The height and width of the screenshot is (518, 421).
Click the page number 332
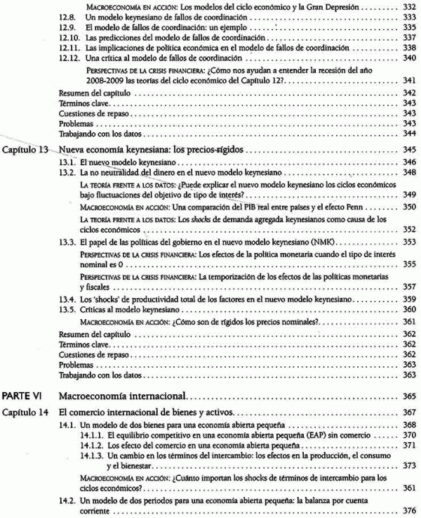pos(409,6)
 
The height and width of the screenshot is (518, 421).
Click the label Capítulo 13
pos(27,150)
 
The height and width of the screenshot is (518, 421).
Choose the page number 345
pos(409,150)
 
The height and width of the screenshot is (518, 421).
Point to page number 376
pos(409,509)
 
